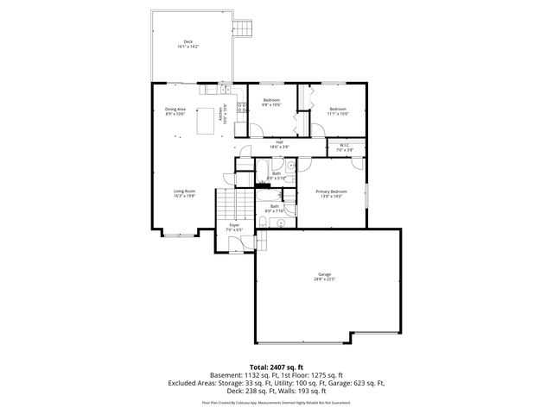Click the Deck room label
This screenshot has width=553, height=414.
(188, 44)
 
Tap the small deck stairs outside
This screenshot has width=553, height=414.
(246, 28)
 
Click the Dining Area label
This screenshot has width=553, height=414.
(175, 111)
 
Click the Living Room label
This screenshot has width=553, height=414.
(184, 193)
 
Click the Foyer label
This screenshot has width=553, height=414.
(234, 228)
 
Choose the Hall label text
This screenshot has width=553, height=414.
(279, 144)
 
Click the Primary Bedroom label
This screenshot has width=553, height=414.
(331, 193)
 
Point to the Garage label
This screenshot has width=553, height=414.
(324, 277)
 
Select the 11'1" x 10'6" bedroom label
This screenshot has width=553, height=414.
(338, 110)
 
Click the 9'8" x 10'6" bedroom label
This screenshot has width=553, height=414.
(272, 103)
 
